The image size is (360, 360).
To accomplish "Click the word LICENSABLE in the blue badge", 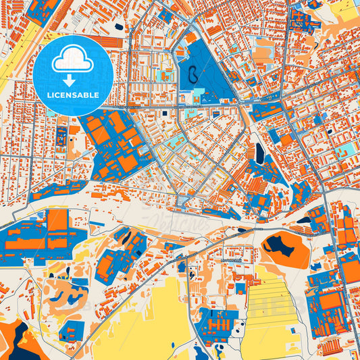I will (72, 95).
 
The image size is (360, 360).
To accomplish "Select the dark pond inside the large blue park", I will (193, 72).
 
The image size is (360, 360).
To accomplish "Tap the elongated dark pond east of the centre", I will (260, 153).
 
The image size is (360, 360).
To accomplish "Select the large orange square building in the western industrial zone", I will (58, 220).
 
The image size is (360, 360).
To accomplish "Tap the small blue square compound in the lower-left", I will (71, 330).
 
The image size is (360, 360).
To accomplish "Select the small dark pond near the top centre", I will (119, 27).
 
